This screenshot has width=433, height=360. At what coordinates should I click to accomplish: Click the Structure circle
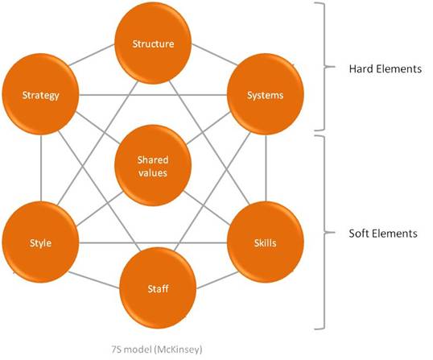point(153,43)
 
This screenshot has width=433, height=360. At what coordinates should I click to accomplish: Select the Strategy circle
point(40,94)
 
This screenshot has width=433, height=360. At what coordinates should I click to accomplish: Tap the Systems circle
point(266,94)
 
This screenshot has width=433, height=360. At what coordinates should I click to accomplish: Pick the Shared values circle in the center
point(153,165)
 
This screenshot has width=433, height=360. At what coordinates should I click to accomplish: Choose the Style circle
point(40,242)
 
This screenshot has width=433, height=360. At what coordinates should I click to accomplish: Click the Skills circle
point(266,242)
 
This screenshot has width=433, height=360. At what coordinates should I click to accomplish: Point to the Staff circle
point(158,288)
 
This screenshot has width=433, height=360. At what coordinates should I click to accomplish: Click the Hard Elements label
point(386,68)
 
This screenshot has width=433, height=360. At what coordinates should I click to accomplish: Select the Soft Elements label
point(383,234)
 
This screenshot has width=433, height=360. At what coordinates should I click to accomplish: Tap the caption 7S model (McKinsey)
point(157,350)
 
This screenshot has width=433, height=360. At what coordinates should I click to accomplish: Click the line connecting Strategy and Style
point(41,168)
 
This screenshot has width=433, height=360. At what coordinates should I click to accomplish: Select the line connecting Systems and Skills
point(266,168)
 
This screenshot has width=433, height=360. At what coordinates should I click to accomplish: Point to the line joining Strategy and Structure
point(92,55)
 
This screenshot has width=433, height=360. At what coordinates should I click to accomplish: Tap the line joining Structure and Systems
point(215,55)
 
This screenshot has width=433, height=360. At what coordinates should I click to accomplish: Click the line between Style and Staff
point(94,280)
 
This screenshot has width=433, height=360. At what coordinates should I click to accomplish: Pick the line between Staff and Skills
point(217,280)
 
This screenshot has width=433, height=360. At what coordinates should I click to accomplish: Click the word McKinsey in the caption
point(178,350)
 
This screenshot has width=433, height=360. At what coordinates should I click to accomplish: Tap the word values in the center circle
point(153,173)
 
